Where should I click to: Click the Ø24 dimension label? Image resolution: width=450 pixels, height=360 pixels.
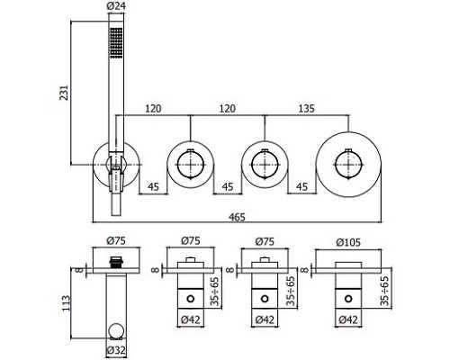(x=116, y=6)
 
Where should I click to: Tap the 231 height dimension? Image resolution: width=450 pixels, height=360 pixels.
(x=65, y=93)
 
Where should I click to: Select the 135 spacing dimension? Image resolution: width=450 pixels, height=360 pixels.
(x=306, y=108)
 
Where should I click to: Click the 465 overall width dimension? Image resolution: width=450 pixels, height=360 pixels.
(x=237, y=217)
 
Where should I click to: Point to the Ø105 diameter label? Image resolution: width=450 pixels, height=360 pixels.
(x=348, y=242)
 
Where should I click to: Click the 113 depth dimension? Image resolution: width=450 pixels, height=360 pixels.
(x=67, y=303)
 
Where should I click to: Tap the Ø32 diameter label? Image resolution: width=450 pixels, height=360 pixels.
(x=116, y=350)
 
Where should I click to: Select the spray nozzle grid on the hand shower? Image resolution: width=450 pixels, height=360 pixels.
(x=116, y=42)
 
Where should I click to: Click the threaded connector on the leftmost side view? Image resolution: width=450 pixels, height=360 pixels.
(x=116, y=262)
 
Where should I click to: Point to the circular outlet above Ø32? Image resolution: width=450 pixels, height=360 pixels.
(x=116, y=330)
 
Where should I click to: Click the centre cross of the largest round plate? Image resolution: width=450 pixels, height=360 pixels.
(x=348, y=165)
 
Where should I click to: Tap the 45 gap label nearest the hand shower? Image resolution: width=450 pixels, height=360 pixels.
(x=153, y=186)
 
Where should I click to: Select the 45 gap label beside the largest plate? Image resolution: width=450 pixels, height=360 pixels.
(x=301, y=186)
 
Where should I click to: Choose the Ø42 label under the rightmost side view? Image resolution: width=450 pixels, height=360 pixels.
(x=348, y=319)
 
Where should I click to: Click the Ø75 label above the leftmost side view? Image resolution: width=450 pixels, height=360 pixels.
(x=116, y=240)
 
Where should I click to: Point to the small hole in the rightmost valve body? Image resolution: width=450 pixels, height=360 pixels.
(x=348, y=299)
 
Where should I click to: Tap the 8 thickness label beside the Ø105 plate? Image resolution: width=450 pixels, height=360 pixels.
(x=304, y=270)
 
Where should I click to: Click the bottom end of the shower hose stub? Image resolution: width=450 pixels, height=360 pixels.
(x=116, y=215)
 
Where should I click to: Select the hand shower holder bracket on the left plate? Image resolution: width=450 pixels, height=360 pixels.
(x=116, y=174)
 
